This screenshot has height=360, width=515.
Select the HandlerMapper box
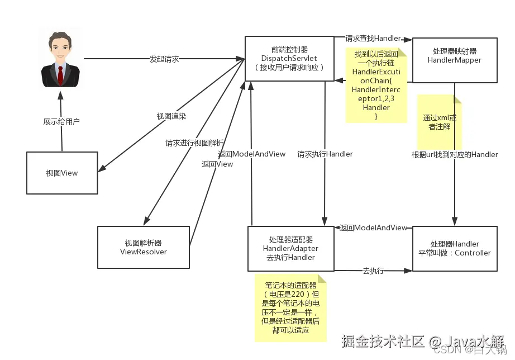click(x=454, y=60)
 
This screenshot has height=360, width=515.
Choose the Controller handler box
click(x=454, y=248)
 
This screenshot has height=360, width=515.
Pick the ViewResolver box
click(x=143, y=247)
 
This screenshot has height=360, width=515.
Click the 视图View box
click(x=62, y=173)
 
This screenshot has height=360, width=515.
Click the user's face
click(x=60, y=49)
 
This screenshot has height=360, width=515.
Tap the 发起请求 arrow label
click(x=164, y=59)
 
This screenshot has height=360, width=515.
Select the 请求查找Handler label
click(x=373, y=39)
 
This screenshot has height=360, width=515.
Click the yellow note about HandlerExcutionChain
click(x=376, y=85)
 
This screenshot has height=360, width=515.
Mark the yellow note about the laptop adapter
click(x=290, y=307)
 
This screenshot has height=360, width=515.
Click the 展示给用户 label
click(x=61, y=121)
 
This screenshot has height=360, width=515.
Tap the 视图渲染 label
click(x=171, y=116)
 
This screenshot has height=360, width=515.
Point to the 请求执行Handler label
click(x=325, y=154)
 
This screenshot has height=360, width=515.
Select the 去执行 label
click(x=373, y=271)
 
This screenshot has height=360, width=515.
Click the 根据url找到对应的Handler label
click(x=455, y=154)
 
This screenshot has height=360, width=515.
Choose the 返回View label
click(x=217, y=164)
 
